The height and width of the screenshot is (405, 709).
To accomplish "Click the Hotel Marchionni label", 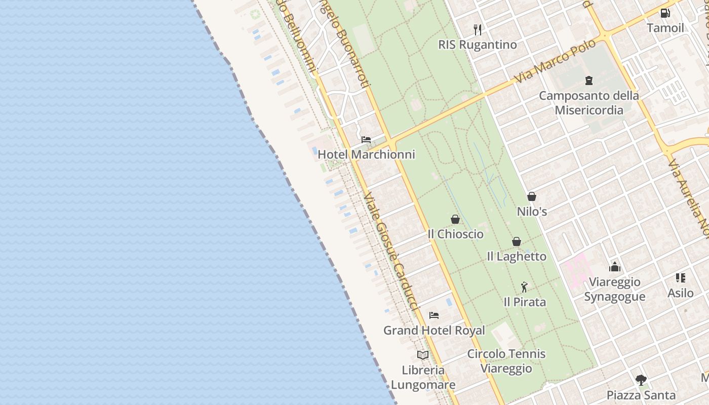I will click(366, 154).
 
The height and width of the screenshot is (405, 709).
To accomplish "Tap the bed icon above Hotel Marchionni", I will click(366, 140).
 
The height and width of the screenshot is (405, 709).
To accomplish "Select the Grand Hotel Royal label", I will click(434, 331).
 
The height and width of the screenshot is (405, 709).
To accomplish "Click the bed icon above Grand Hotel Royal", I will click(434, 315).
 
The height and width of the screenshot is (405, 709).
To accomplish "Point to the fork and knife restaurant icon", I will click(478, 29).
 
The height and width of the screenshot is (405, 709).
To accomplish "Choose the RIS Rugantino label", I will click(478, 45).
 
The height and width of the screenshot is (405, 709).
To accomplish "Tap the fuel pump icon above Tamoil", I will click(665, 13).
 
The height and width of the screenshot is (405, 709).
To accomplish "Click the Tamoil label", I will click(665, 28).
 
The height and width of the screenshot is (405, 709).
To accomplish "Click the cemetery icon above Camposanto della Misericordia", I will click(589, 80).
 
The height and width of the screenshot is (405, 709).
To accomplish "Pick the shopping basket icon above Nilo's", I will click(532, 196).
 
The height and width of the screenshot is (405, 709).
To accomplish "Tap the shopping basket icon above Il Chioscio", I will click(455, 219).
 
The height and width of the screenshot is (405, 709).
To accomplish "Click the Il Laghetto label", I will click(517, 257).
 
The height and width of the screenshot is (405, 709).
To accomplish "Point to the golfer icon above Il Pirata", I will click(524, 287).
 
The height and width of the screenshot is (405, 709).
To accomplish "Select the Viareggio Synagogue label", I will click(615, 289).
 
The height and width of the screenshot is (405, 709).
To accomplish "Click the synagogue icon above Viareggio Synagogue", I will click(615, 267).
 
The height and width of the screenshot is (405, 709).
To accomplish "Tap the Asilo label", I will click(680, 293).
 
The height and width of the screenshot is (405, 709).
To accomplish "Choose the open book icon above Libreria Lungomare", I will click(423, 355).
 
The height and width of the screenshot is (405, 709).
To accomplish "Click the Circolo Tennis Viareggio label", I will click(506, 361).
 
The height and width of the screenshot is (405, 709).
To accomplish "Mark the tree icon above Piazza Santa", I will click(641, 380).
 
